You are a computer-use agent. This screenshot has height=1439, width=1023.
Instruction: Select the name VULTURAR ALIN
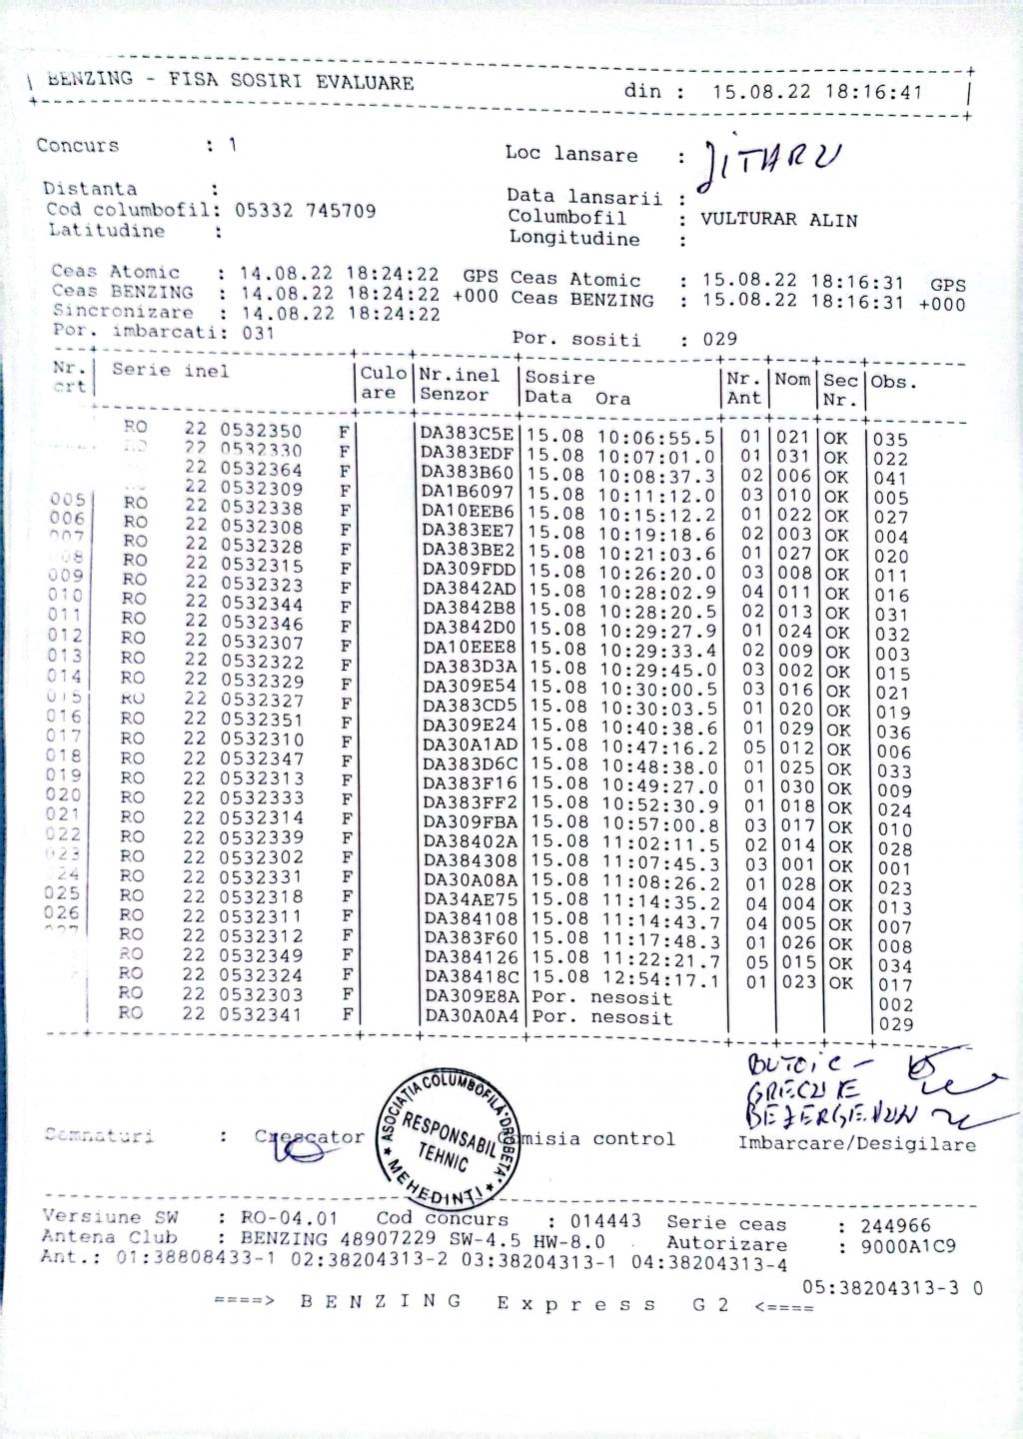[x=778, y=220]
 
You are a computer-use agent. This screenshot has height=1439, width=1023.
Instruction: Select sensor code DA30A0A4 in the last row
[x=472, y=1016]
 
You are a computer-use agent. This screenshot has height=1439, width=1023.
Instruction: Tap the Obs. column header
[x=893, y=382]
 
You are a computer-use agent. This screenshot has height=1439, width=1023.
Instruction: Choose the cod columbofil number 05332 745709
[x=306, y=210]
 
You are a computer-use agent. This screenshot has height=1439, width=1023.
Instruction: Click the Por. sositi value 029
[x=719, y=339]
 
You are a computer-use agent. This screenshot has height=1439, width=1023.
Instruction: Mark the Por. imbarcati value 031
[x=258, y=333]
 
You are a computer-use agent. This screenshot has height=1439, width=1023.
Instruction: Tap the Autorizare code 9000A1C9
[x=897, y=1246]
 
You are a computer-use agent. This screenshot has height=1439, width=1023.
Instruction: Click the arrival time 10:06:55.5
[x=657, y=437]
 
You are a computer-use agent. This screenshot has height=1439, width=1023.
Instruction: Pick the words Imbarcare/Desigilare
[x=856, y=1144]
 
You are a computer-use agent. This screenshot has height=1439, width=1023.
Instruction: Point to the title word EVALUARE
[x=365, y=83]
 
